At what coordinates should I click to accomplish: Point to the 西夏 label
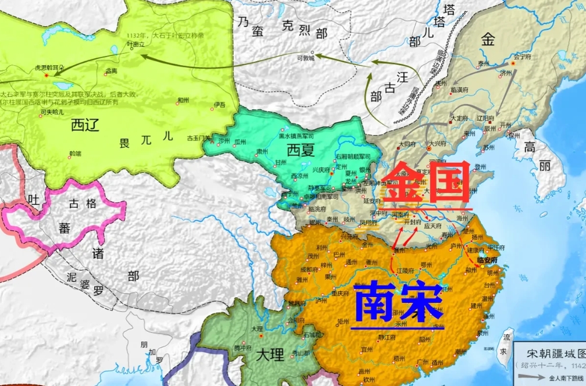tap(300, 151)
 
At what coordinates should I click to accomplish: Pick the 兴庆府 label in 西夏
tap(321, 170)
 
